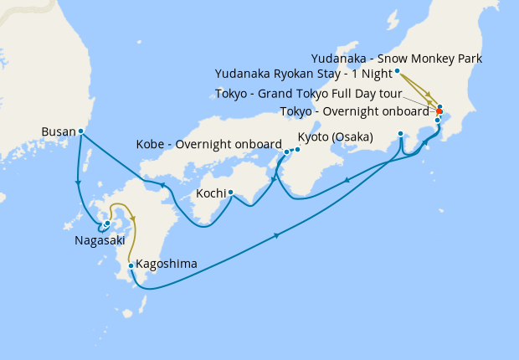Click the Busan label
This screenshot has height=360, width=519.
point(57,131)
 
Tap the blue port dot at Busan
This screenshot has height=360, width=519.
point(80,131)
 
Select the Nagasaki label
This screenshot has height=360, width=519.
point(99,239)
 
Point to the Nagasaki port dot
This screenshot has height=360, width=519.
point(107,223)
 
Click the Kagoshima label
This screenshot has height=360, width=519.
point(167,264)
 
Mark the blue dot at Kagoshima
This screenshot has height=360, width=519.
point(131,266)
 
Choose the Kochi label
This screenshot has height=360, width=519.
point(209,193)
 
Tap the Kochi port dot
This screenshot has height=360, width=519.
point(230,193)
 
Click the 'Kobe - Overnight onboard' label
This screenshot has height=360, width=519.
point(208,144)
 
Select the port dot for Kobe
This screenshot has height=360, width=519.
point(286,152)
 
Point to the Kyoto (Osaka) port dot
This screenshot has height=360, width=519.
point(295,148)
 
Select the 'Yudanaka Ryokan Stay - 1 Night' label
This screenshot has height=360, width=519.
point(303,74)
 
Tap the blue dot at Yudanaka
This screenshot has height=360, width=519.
point(397,71)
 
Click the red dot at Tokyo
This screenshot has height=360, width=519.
point(439,111)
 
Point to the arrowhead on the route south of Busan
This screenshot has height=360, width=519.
point(78,182)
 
